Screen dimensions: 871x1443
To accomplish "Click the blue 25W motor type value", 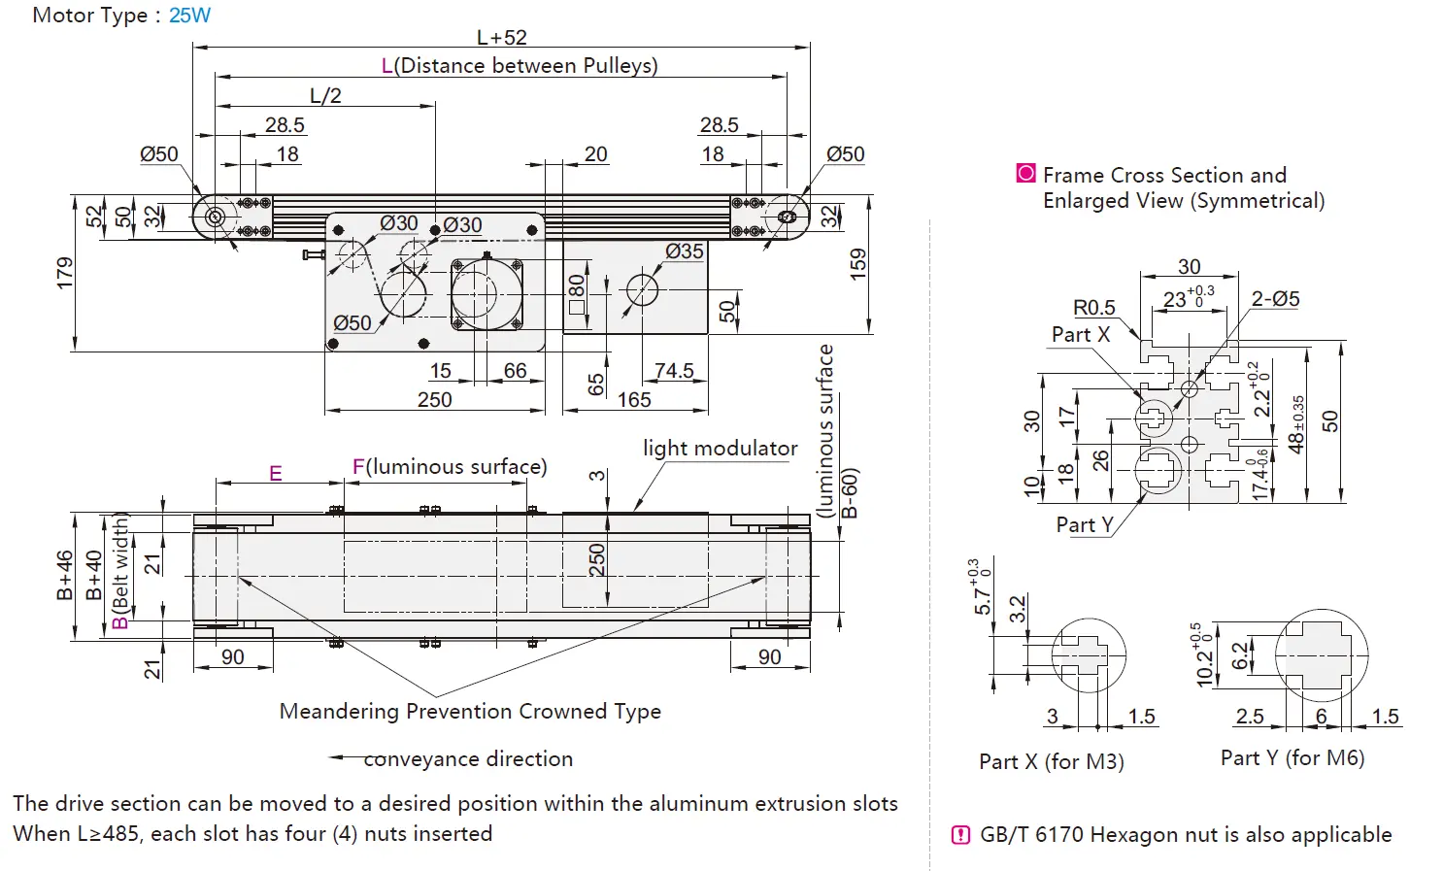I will (189, 16).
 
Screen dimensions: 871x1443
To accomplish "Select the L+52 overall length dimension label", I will (501, 38).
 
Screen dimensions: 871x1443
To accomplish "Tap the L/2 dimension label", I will (325, 96).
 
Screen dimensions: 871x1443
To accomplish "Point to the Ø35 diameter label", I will (685, 251).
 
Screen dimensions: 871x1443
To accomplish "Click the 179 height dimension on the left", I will (65, 273).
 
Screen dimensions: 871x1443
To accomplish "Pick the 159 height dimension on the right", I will (857, 264).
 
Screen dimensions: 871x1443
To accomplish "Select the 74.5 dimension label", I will (674, 371).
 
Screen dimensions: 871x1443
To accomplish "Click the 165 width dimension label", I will (633, 400).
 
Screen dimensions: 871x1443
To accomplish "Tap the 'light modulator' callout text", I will (720, 449).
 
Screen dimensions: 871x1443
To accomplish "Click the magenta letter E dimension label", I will (276, 474).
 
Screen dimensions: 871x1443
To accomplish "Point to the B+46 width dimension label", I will (65, 575).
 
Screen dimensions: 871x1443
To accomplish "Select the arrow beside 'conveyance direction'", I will (345, 758).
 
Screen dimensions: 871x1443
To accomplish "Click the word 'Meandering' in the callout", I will (339, 712).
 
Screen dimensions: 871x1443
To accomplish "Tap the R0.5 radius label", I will (1093, 308).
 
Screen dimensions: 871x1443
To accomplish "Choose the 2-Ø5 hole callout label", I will (1275, 299).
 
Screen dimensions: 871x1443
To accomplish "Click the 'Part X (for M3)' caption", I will (1051, 762).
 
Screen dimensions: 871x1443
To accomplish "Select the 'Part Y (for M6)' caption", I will (1292, 758).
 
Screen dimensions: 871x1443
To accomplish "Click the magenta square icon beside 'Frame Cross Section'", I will (1025, 174).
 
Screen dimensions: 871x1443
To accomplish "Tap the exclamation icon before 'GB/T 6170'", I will (960, 835).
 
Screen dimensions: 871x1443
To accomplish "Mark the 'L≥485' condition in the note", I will (109, 834).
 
